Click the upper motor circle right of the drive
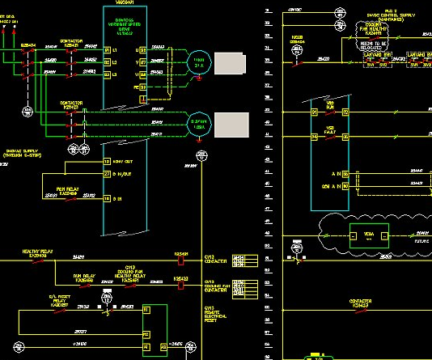(198, 61)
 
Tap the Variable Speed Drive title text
(125, 26)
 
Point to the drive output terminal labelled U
(142, 50)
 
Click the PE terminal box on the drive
(142, 99)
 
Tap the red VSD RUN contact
(329, 112)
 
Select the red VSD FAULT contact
(329, 137)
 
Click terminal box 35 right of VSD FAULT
(345, 137)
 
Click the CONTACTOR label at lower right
(360, 300)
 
